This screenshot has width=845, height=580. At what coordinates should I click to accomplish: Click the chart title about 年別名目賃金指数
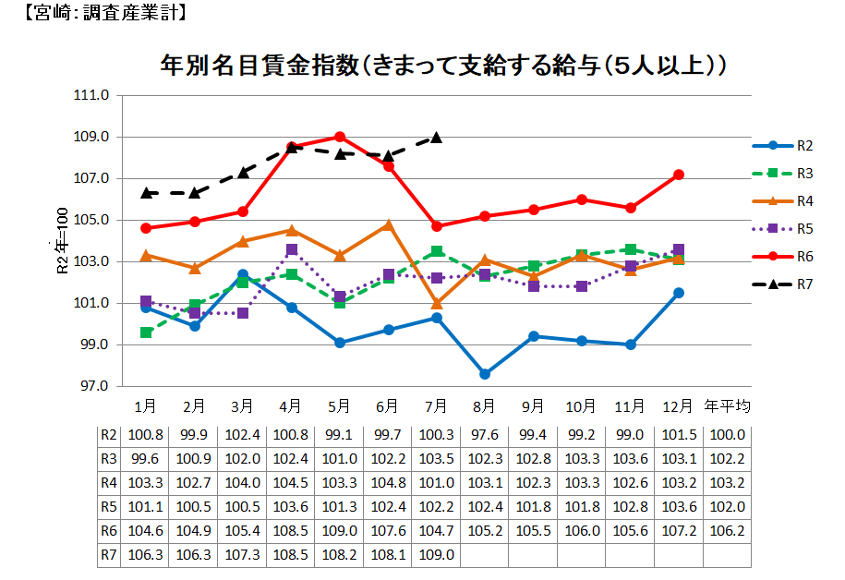442,66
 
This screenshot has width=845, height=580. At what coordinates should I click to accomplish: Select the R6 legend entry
803,256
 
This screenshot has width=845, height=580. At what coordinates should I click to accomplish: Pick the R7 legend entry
803,284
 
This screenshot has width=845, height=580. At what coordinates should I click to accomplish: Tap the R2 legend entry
803,145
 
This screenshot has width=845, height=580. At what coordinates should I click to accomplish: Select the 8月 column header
485,405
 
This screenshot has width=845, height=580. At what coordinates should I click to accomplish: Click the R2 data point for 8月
485,374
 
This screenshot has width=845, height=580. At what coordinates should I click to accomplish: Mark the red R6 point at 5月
340,137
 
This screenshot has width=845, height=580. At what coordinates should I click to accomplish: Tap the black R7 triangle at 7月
436,138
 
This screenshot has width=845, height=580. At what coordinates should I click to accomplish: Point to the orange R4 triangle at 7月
436,303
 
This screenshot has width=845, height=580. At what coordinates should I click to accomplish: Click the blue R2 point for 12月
678,293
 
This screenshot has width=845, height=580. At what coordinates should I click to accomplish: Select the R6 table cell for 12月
678,531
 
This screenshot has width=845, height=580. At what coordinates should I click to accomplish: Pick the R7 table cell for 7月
436,555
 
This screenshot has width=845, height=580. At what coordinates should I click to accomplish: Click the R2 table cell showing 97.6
485,435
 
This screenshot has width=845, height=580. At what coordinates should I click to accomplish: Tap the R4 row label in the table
109,483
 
